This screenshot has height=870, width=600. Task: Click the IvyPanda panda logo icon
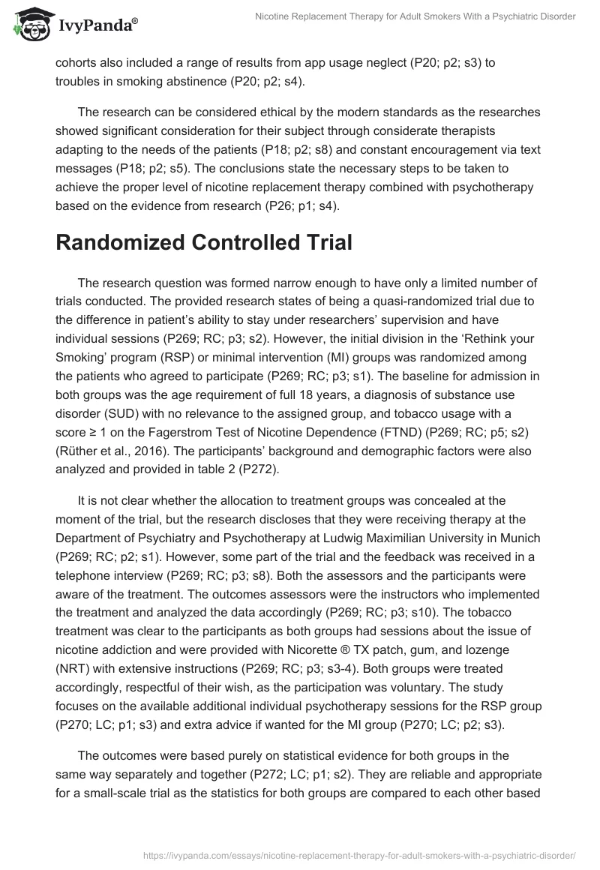[28, 25]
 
